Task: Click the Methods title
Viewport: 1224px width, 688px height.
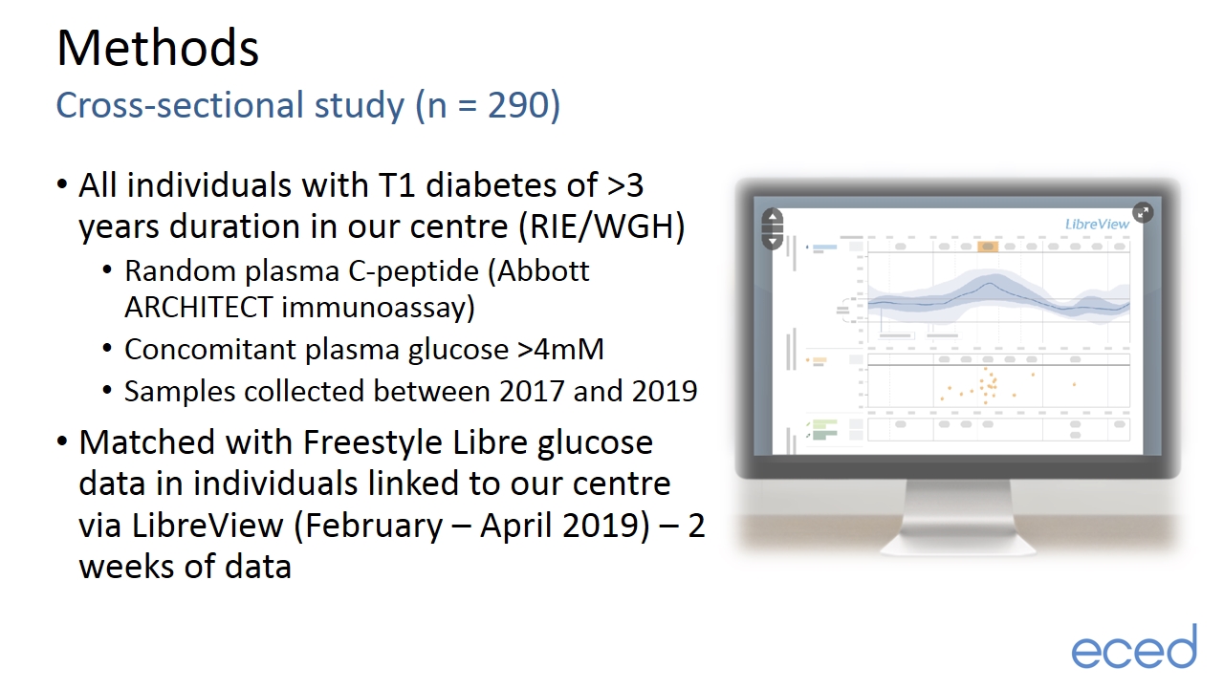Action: coord(158,48)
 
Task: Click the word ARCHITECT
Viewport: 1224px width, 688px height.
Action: coord(198,307)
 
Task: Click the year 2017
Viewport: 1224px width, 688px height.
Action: coord(531,391)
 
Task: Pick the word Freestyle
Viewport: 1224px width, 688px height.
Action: coord(373,441)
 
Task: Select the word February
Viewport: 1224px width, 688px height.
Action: coord(373,526)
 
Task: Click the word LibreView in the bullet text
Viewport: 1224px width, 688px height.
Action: coord(208,526)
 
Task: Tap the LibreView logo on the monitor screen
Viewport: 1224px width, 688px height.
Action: coord(1097,224)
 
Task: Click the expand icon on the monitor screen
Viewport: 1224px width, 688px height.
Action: coord(1143,212)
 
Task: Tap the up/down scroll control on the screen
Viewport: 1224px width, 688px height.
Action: coord(772,228)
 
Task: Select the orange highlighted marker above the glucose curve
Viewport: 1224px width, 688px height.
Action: coord(988,247)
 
